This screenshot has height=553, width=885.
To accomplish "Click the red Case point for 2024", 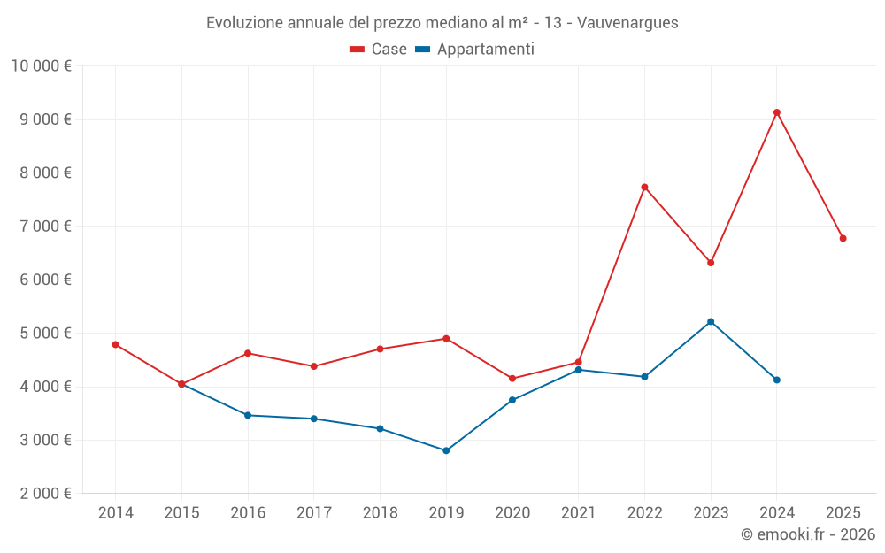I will (x=777, y=112).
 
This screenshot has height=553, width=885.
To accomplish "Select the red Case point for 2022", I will (x=644, y=187).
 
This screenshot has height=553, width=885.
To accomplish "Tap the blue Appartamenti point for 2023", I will (x=711, y=321).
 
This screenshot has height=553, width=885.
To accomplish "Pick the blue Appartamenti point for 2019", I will (x=446, y=450).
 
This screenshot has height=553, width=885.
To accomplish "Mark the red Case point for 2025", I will (x=843, y=238).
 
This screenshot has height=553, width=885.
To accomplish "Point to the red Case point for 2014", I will (x=116, y=344).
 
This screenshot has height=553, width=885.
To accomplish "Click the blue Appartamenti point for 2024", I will (x=777, y=380).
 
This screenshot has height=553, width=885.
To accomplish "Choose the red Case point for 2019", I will (x=446, y=338).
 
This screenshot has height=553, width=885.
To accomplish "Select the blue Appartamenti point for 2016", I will (x=248, y=415).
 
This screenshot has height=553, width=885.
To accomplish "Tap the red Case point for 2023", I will (x=711, y=263).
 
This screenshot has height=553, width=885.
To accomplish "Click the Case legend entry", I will (x=379, y=50).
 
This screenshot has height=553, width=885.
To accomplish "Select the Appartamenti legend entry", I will (x=475, y=50).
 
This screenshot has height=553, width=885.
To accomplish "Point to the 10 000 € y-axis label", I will (x=41, y=65).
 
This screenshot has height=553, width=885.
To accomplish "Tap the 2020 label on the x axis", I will (x=512, y=513).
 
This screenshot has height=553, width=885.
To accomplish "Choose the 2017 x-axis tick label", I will (x=314, y=513).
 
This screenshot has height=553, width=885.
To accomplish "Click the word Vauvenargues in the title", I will (x=627, y=23).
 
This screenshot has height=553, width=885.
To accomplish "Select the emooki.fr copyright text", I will (x=807, y=534).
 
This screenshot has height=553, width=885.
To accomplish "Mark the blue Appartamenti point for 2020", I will (x=512, y=400).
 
